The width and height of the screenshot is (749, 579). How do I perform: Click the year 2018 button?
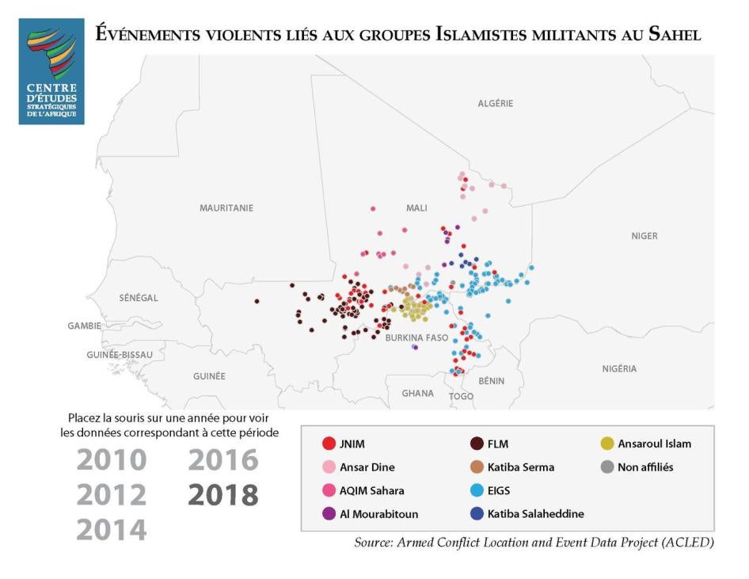point(222,494)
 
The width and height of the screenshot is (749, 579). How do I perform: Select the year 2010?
point(112,459)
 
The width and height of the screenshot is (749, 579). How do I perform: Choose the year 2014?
point(112,529)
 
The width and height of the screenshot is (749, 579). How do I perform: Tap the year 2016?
point(222,459)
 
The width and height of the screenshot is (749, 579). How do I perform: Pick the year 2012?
point(112,494)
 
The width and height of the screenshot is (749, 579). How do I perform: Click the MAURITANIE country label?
point(226,208)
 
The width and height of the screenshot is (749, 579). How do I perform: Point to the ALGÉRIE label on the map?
point(496,103)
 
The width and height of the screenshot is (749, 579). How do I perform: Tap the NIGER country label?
point(644,235)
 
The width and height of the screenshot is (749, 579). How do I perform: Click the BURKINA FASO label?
point(416,337)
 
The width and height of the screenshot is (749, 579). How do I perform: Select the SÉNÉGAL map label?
point(139,298)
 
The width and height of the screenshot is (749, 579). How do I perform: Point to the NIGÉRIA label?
point(618,368)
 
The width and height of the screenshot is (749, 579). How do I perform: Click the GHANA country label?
point(417,393)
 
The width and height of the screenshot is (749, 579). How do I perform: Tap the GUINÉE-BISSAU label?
point(118,355)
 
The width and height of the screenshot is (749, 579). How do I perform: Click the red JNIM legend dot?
point(327,444)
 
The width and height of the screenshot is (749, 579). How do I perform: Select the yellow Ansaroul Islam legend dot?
point(606,444)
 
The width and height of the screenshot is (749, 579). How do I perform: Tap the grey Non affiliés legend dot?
point(606,467)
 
